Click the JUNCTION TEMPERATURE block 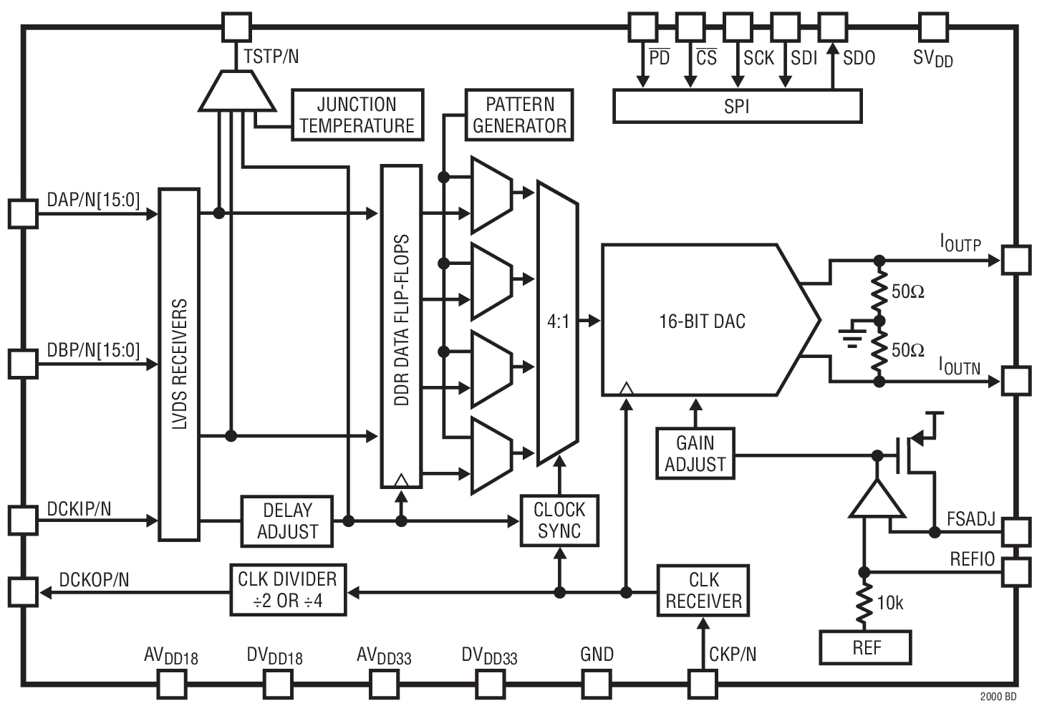tap(357, 115)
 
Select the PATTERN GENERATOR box tap(519, 115)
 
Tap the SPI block tap(737, 107)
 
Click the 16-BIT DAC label tap(702, 321)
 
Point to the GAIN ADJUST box tap(695, 453)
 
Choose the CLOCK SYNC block tap(559, 521)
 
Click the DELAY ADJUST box tap(287, 521)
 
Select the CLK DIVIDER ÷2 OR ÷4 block tap(288, 590)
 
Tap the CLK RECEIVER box tap(703, 591)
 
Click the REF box tap(866, 648)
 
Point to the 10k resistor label tap(889, 604)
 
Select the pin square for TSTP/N tap(236, 27)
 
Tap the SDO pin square tap(832, 27)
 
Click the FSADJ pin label tap(971, 519)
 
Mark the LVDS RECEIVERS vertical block tap(179, 364)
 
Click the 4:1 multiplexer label tap(559, 322)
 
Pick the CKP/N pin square tap(702, 683)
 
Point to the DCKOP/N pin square tap(23, 592)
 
